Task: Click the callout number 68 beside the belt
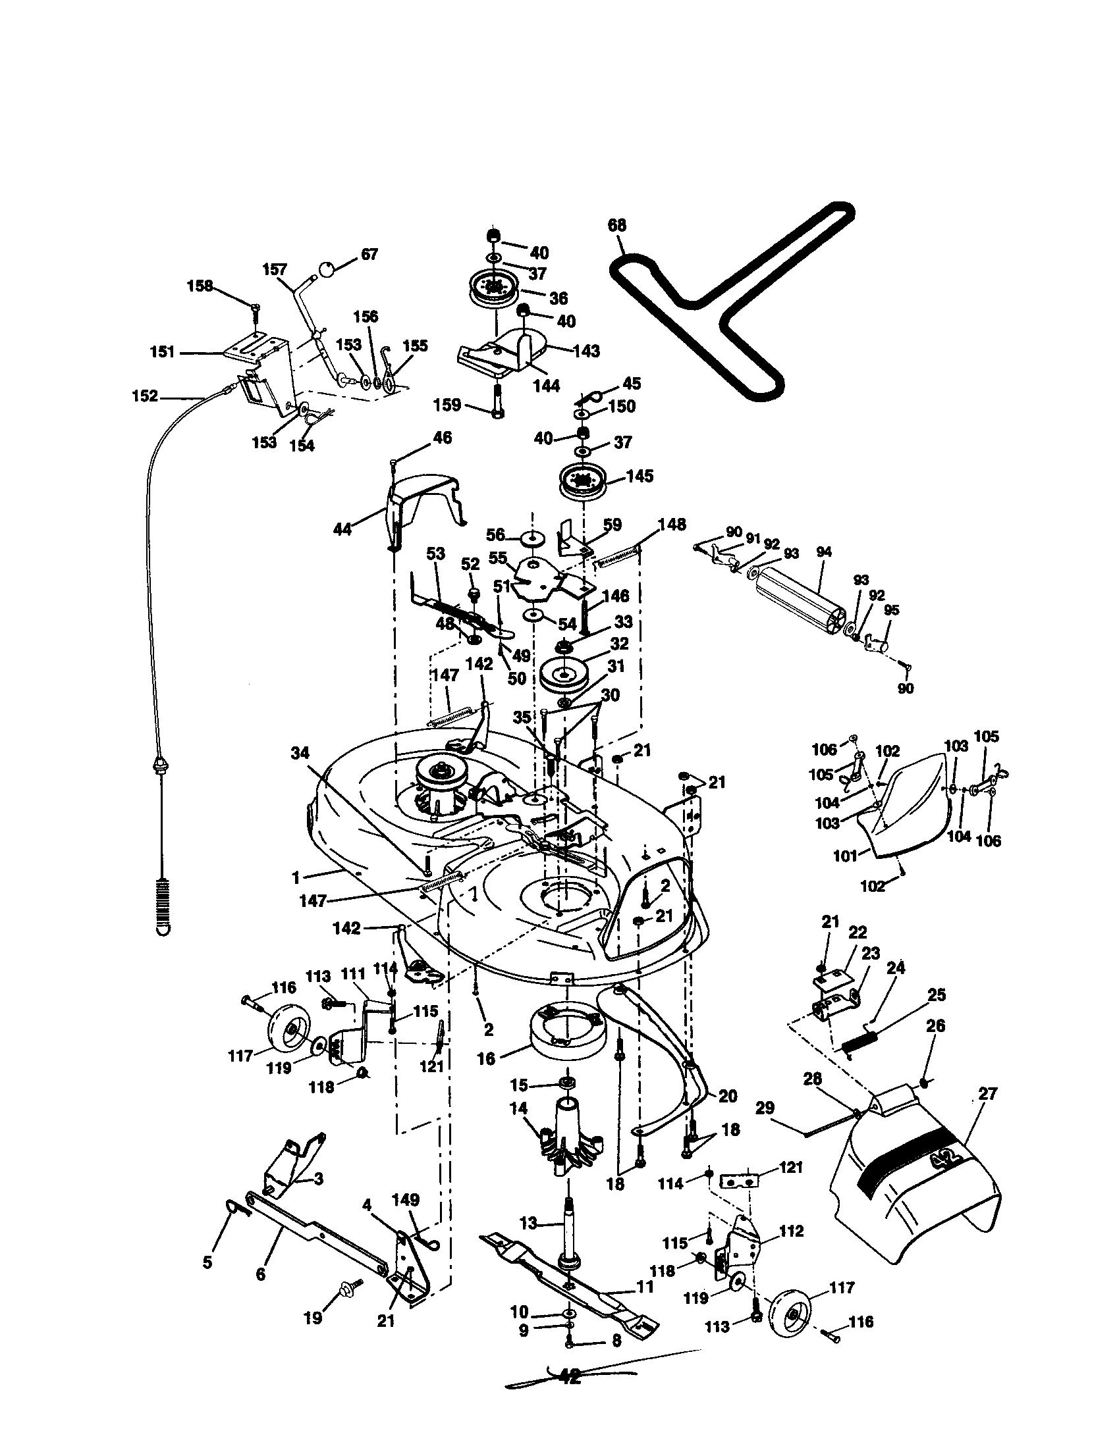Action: coord(617,225)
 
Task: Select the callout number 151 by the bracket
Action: coord(163,352)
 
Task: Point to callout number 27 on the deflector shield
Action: coord(987,1093)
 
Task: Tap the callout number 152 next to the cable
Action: coord(146,396)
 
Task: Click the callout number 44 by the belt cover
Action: coord(342,529)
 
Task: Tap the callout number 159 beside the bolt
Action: coord(448,404)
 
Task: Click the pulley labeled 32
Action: coord(564,674)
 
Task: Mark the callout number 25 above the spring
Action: coord(937,995)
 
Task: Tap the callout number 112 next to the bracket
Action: coord(790,1231)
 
